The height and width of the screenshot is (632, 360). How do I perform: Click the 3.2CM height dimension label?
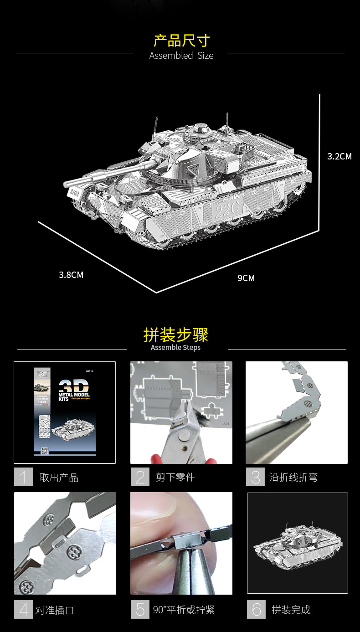(339, 156)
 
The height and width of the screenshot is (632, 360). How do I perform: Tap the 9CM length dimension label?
(246, 278)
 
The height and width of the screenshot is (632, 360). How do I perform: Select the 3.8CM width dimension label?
(71, 275)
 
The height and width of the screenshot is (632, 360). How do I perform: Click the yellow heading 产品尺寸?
(181, 41)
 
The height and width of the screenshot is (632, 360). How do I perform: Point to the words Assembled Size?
(181, 56)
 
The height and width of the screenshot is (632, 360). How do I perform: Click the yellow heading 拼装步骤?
(176, 335)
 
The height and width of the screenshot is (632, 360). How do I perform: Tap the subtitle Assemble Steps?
(176, 348)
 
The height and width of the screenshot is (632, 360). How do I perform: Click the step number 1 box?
(23, 477)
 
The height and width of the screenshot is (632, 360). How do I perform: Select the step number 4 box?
(23, 610)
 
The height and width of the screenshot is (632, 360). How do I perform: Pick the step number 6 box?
(256, 610)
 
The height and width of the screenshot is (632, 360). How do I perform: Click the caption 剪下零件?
(175, 478)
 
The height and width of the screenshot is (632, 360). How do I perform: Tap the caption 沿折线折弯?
(293, 478)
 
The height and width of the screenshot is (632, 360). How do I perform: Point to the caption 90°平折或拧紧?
(184, 610)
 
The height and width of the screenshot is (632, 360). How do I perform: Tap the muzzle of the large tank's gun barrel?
(67, 185)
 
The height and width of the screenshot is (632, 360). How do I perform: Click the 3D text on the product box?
(73, 385)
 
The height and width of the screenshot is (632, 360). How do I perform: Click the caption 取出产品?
(59, 478)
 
